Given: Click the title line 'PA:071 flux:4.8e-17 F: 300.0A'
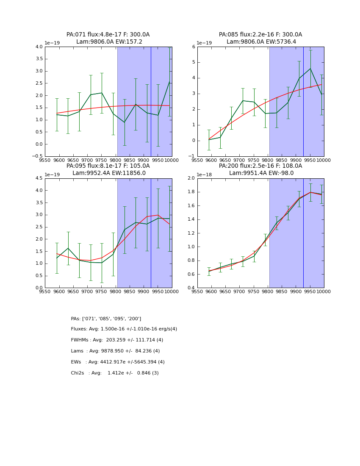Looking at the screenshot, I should [x=108, y=35].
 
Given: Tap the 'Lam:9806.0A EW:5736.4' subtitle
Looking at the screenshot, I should [x=261, y=42].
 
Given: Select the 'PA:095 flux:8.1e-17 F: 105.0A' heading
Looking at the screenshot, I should [x=108, y=166].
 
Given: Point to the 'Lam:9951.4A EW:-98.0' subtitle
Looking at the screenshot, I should [x=261, y=173].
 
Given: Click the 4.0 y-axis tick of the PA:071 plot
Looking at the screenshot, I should [x=39, y=47].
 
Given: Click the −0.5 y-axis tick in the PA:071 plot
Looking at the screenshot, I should [x=38, y=156].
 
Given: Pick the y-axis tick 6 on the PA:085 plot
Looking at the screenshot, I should [x=193, y=47].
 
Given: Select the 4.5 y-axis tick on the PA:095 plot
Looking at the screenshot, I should [x=39, y=178].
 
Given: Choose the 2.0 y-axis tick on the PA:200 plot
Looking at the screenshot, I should [x=191, y=178].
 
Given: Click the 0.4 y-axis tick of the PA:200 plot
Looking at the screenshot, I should [x=191, y=288].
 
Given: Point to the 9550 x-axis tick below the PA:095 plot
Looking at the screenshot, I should [x=45, y=292].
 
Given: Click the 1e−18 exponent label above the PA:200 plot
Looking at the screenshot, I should [x=205, y=175].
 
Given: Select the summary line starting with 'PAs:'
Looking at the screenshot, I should [x=106, y=319].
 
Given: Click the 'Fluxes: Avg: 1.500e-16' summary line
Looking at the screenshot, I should [x=124, y=329].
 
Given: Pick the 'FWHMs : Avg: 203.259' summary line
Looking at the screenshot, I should [x=117, y=340].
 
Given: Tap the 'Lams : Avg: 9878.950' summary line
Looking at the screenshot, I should [x=115, y=351].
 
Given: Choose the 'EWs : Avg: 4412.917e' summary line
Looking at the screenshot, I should [x=118, y=362].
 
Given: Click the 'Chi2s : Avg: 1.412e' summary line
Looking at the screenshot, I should [x=115, y=373].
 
